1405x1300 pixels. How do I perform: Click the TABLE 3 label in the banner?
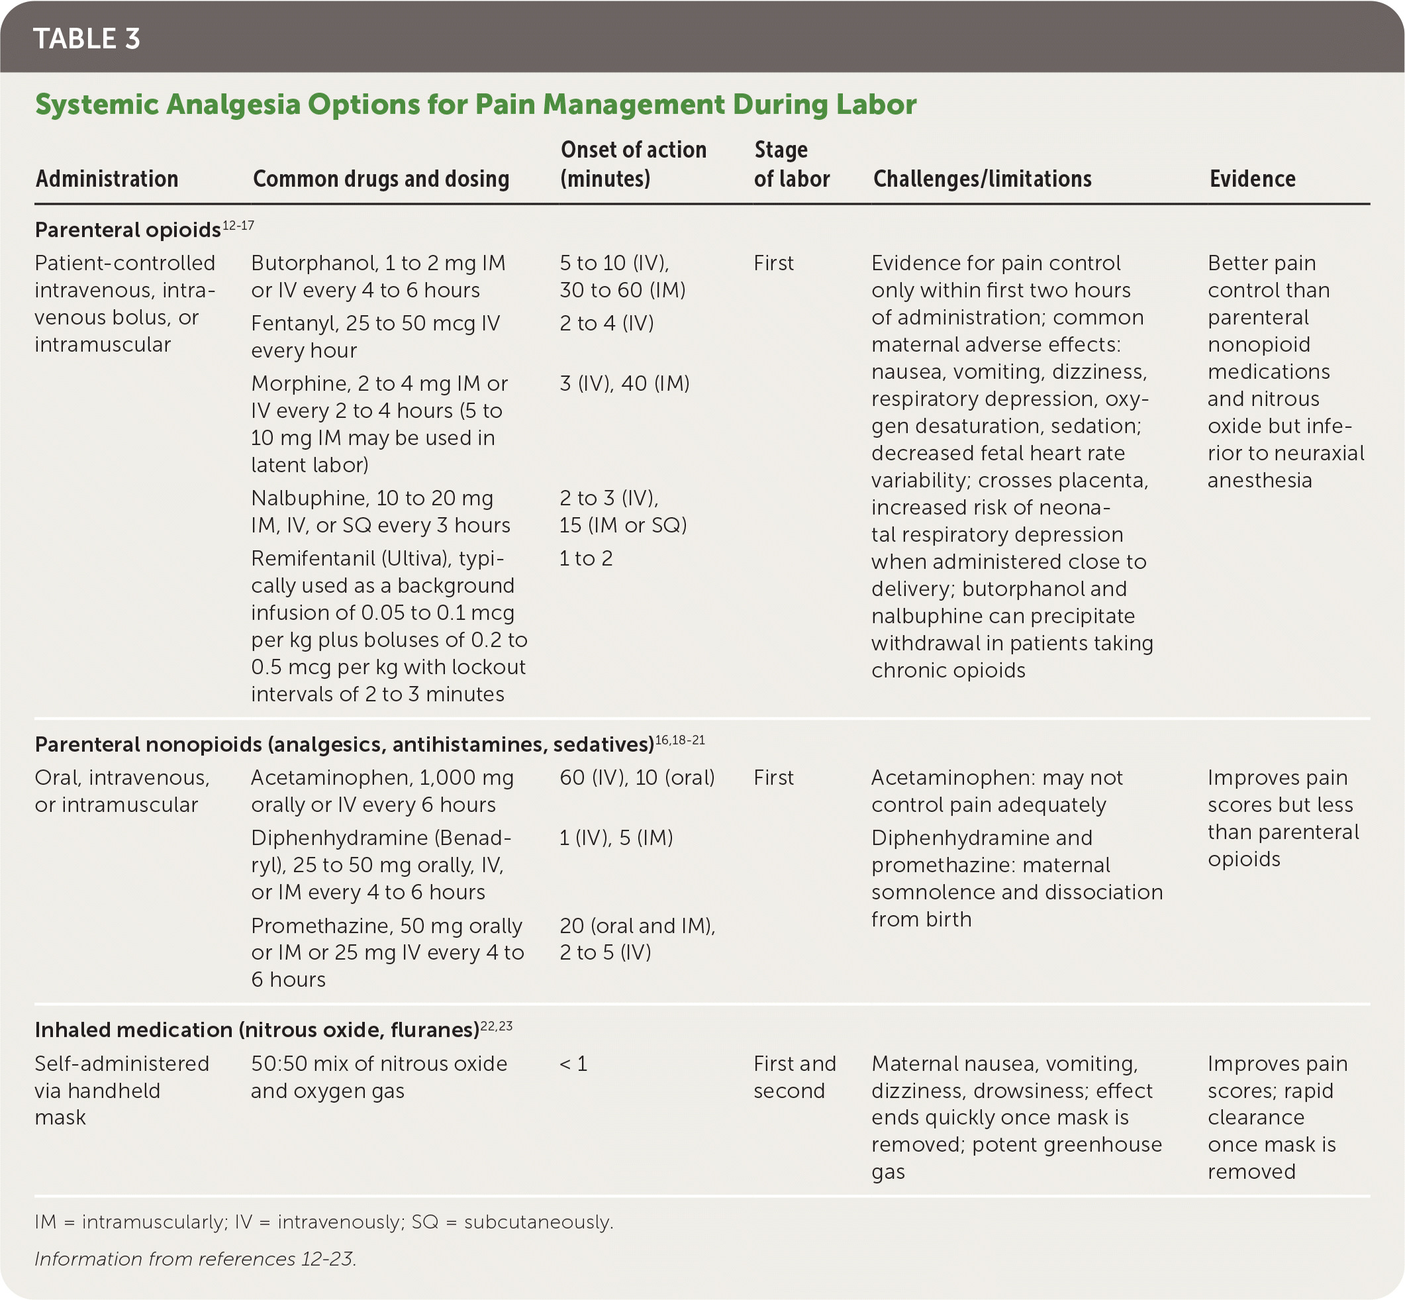[x=87, y=38]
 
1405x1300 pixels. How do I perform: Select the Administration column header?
[x=107, y=179]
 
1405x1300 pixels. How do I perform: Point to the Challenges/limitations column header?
[x=982, y=179]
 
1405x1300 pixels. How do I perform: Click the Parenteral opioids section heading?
[x=127, y=230]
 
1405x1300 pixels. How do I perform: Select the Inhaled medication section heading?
[x=257, y=1030]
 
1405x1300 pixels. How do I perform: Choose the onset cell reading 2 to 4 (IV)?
[x=606, y=324]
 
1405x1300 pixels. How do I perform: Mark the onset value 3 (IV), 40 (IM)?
[x=624, y=383]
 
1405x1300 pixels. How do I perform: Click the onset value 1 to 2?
[x=586, y=558]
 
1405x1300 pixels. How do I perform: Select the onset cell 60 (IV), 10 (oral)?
[x=636, y=778]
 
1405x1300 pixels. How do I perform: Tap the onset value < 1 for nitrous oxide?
[x=573, y=1064]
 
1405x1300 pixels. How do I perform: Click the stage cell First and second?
[x=794, y=1077]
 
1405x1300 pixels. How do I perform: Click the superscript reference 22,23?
[x=496, y=1026]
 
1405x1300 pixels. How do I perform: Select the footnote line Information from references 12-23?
[x=195, y=1258]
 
